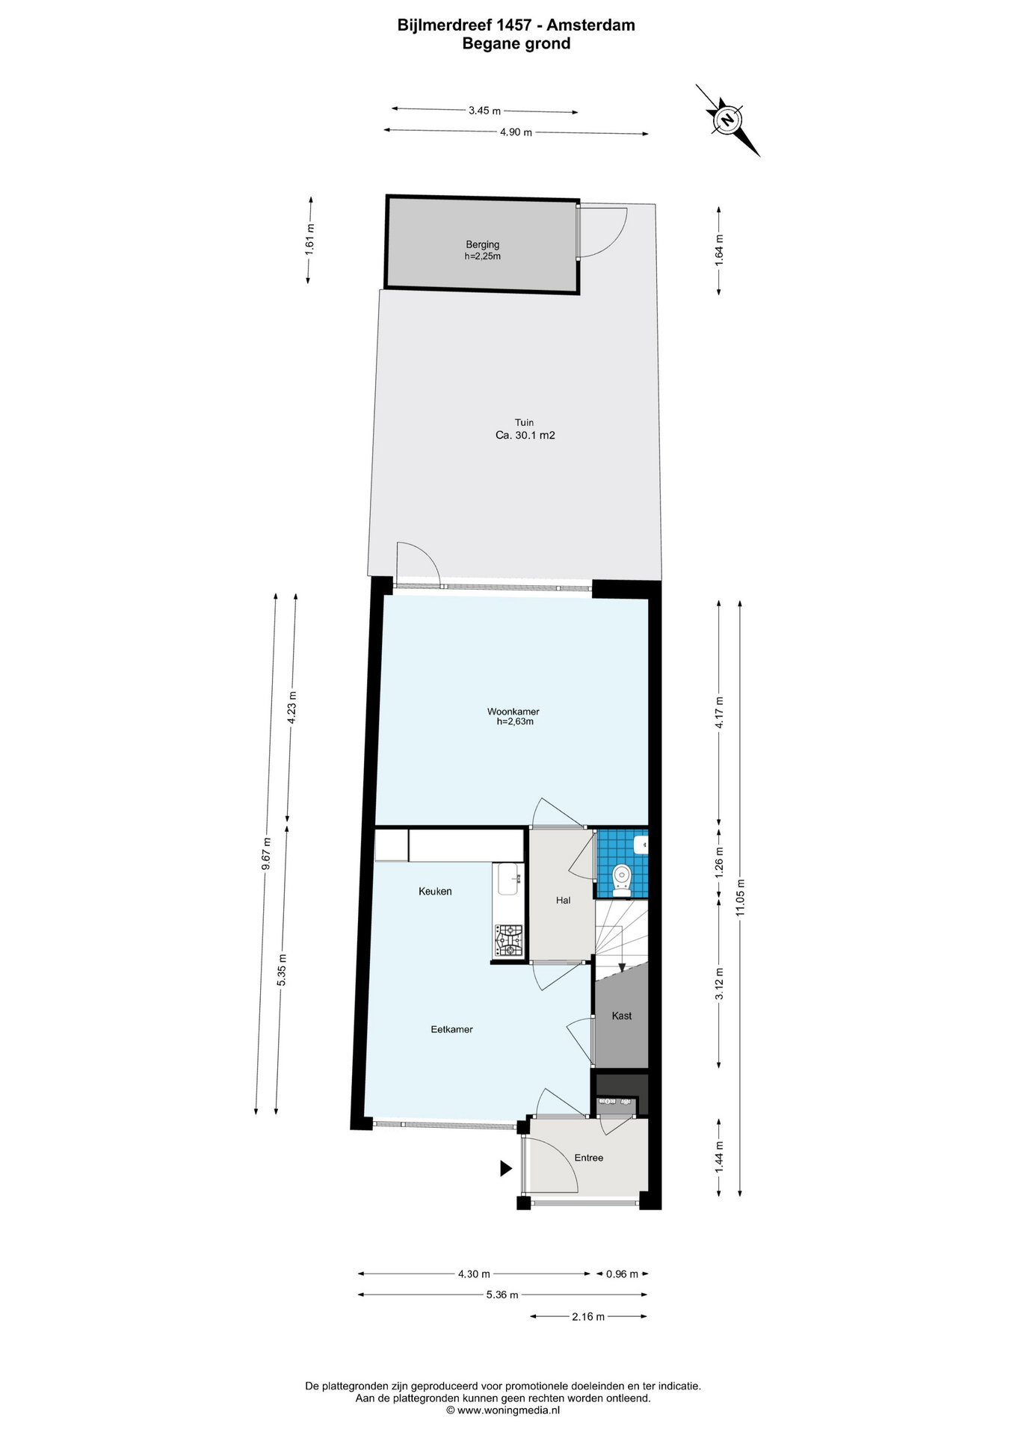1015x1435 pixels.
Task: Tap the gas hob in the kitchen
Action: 509,940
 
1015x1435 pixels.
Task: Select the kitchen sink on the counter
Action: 508,879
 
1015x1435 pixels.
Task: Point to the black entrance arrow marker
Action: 506,1168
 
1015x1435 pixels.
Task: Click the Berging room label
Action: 482,244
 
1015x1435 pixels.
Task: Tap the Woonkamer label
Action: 513,712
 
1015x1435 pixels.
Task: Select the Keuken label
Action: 435,891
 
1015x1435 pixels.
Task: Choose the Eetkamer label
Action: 451,1029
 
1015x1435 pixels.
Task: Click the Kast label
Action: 622,1016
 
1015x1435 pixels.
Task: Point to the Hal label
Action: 563,901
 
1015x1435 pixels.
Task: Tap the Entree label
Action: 588,1158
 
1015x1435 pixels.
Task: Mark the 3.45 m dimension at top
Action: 484,111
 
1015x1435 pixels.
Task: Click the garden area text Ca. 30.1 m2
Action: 525,435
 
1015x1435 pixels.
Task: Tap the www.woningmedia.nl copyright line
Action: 502,1409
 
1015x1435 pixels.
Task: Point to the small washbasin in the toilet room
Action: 641,845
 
